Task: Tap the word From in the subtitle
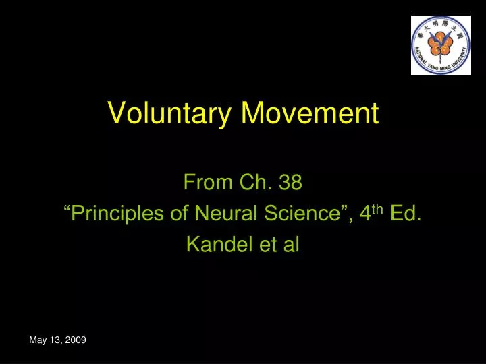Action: [207, 182]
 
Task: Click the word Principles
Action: [114, 214]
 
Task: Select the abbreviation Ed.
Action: [406, 214]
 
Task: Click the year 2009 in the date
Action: [76, 340]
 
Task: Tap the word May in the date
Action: [38, 340]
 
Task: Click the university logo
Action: [440, 44]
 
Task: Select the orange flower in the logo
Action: [439, 43]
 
